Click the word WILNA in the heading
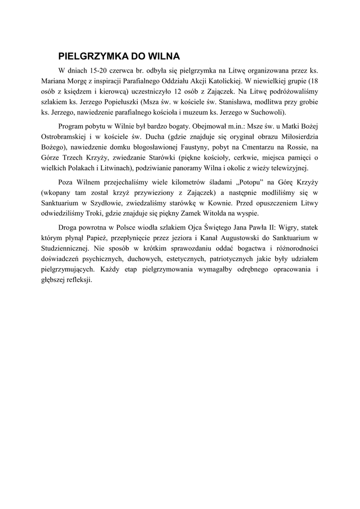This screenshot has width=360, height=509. [164, 55]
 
